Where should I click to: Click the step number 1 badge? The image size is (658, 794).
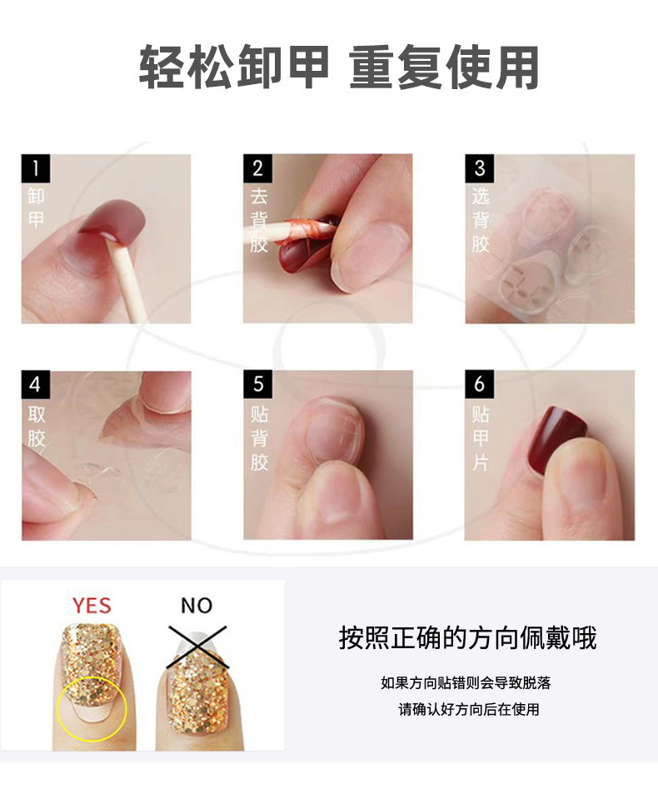(36, 168)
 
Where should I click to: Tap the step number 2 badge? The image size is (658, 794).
(257, 168)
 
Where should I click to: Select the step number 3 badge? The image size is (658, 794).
(479, 168)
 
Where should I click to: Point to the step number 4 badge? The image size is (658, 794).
(36, 385)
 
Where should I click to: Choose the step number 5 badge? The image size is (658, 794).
(257, 385)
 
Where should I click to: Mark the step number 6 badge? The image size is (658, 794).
(479, 385)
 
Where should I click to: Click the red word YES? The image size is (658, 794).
(92, 605)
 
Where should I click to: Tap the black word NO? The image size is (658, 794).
(197, 605)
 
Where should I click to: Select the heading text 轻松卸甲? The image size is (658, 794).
(234, 67)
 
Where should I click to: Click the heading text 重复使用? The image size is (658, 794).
(444, 67)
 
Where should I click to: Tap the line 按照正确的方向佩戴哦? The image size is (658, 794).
(467, 638)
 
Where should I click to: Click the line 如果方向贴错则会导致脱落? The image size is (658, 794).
(466, 683)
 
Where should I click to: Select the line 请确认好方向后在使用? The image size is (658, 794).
(469, 710)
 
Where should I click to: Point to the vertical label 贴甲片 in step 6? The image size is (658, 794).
(481, 438)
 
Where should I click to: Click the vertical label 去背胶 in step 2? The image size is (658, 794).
(259, 221)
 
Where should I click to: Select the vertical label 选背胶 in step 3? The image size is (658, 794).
(481, 221)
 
